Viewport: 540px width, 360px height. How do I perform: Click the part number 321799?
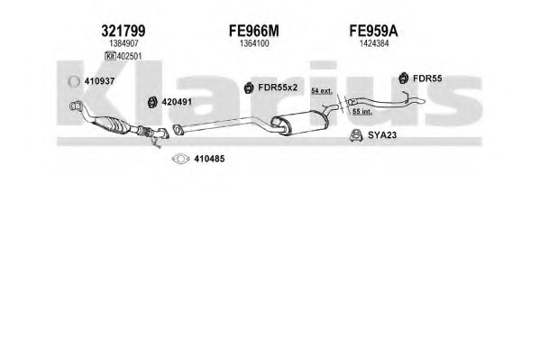pyautogui.click(x=124, y=31)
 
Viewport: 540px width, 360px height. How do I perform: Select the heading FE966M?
pyautogui.click(x=254, y=31)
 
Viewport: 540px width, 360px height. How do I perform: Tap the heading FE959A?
pyautogui.click(x=373, y=31)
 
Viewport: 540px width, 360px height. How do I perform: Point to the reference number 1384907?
pyautogui.click(x=124, y=43)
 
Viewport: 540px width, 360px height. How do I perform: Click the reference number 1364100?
pyautogui.click(x=254, y=43)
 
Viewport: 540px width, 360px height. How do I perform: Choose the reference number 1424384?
pyautogui.click(x=374, y=43)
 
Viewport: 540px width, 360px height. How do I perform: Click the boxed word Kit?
pyautogui.click(x=110, y=56)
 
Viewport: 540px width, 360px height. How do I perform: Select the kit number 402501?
pyautogui.click(x=129, y=56)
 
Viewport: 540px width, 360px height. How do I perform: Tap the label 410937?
pyautogui.click(x=99, y=81)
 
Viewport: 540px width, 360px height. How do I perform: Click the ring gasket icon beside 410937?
pyautogui.click(x=74, y=82)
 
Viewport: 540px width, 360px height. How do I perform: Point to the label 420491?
pyautogui.click(x=177, y=102)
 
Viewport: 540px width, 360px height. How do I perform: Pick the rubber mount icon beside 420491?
pyautogui.click(x=151, y=102)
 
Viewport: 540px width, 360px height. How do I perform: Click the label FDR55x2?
pyautogui.click(x=278, y=88)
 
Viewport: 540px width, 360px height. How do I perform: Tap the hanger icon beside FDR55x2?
pyautogui.click(x=248, y=88)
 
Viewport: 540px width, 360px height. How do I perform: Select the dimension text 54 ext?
pyautogui.click(x=322, y=91)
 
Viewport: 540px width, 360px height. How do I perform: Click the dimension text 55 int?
pyautogui.click(x=362, y=111)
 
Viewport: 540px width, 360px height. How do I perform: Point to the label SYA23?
pyautogui.click(x=382, y=135)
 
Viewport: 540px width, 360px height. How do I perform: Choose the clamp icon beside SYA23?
pyautogui.click(x=356, y=135)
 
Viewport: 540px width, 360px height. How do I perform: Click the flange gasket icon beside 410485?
pyautogui.click(x=181, y=159)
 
